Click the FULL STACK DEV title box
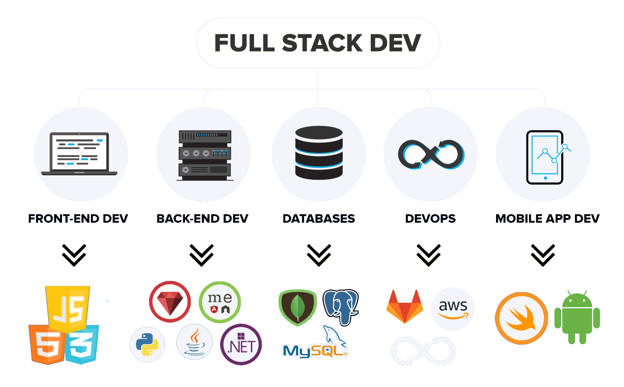[x=318, y=43]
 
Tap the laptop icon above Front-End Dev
[x=79, y=154]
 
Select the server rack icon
[x=205, y=155]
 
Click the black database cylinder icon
[x=319, y=152]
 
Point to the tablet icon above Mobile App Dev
[x=545, y=157]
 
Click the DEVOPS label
[x=430, y=218]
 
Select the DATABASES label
[x=319, y=218]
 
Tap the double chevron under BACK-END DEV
[x=201, y=255]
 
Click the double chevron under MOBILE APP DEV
[x=543, y=255]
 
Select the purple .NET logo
[x=241, y=345]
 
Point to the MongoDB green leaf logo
[x=297, y=307]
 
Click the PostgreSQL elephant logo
[x=341, y=306]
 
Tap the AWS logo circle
[x=452, y=309]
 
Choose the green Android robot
[x=577, y=317]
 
